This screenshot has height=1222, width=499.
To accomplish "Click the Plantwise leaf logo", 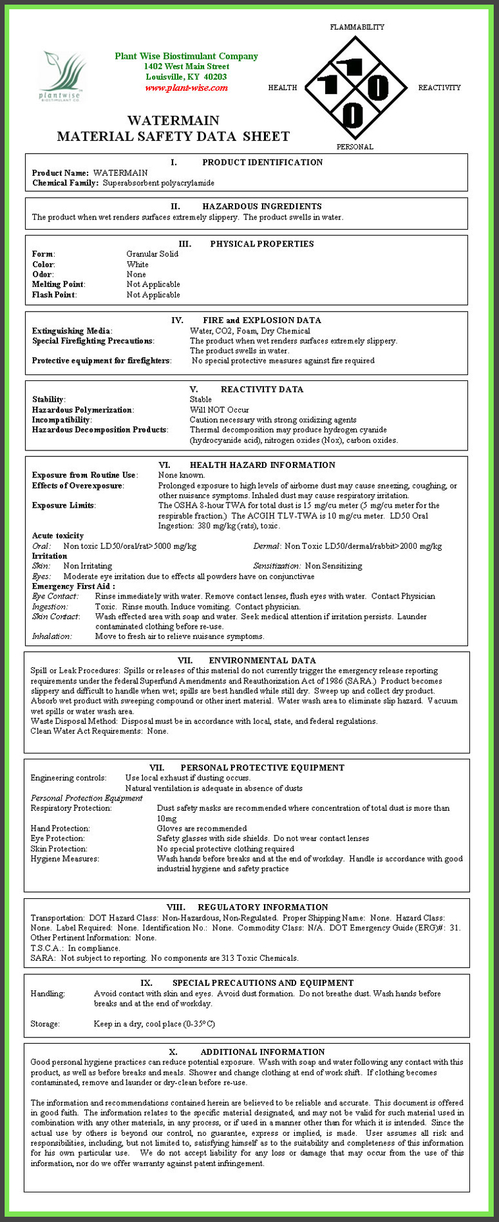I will pos(62,76).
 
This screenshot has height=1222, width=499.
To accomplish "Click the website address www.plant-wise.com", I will pos(186,88).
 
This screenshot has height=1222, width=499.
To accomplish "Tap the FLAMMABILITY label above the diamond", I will pos(357,27).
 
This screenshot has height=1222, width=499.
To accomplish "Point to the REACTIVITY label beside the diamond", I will pos(439,88).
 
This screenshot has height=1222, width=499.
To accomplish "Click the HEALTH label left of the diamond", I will pos(283,88).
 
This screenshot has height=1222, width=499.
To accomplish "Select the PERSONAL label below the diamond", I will pos(355,147).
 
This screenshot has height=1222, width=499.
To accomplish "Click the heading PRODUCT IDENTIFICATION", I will pos(262,163).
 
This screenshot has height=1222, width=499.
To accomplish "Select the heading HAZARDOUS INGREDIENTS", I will pos(261,207).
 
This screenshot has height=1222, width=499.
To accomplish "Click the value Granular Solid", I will pos(153,254).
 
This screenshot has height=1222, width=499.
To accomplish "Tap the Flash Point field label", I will pos(54,295).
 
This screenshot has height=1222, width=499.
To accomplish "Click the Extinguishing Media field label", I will pos(72,331).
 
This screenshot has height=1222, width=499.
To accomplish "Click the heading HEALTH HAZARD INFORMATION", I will pos(262,465).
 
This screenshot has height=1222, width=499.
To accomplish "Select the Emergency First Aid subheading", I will pos(73,586).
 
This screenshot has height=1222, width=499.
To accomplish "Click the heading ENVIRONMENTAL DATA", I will pos(262,660).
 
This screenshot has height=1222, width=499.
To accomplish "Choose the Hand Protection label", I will pos(60,828).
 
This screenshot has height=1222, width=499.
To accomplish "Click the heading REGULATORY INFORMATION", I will pos(263,907).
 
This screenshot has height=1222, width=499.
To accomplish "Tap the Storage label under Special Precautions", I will pos(45,1024).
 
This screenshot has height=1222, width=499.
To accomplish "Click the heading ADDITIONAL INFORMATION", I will pos(262,1052).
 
